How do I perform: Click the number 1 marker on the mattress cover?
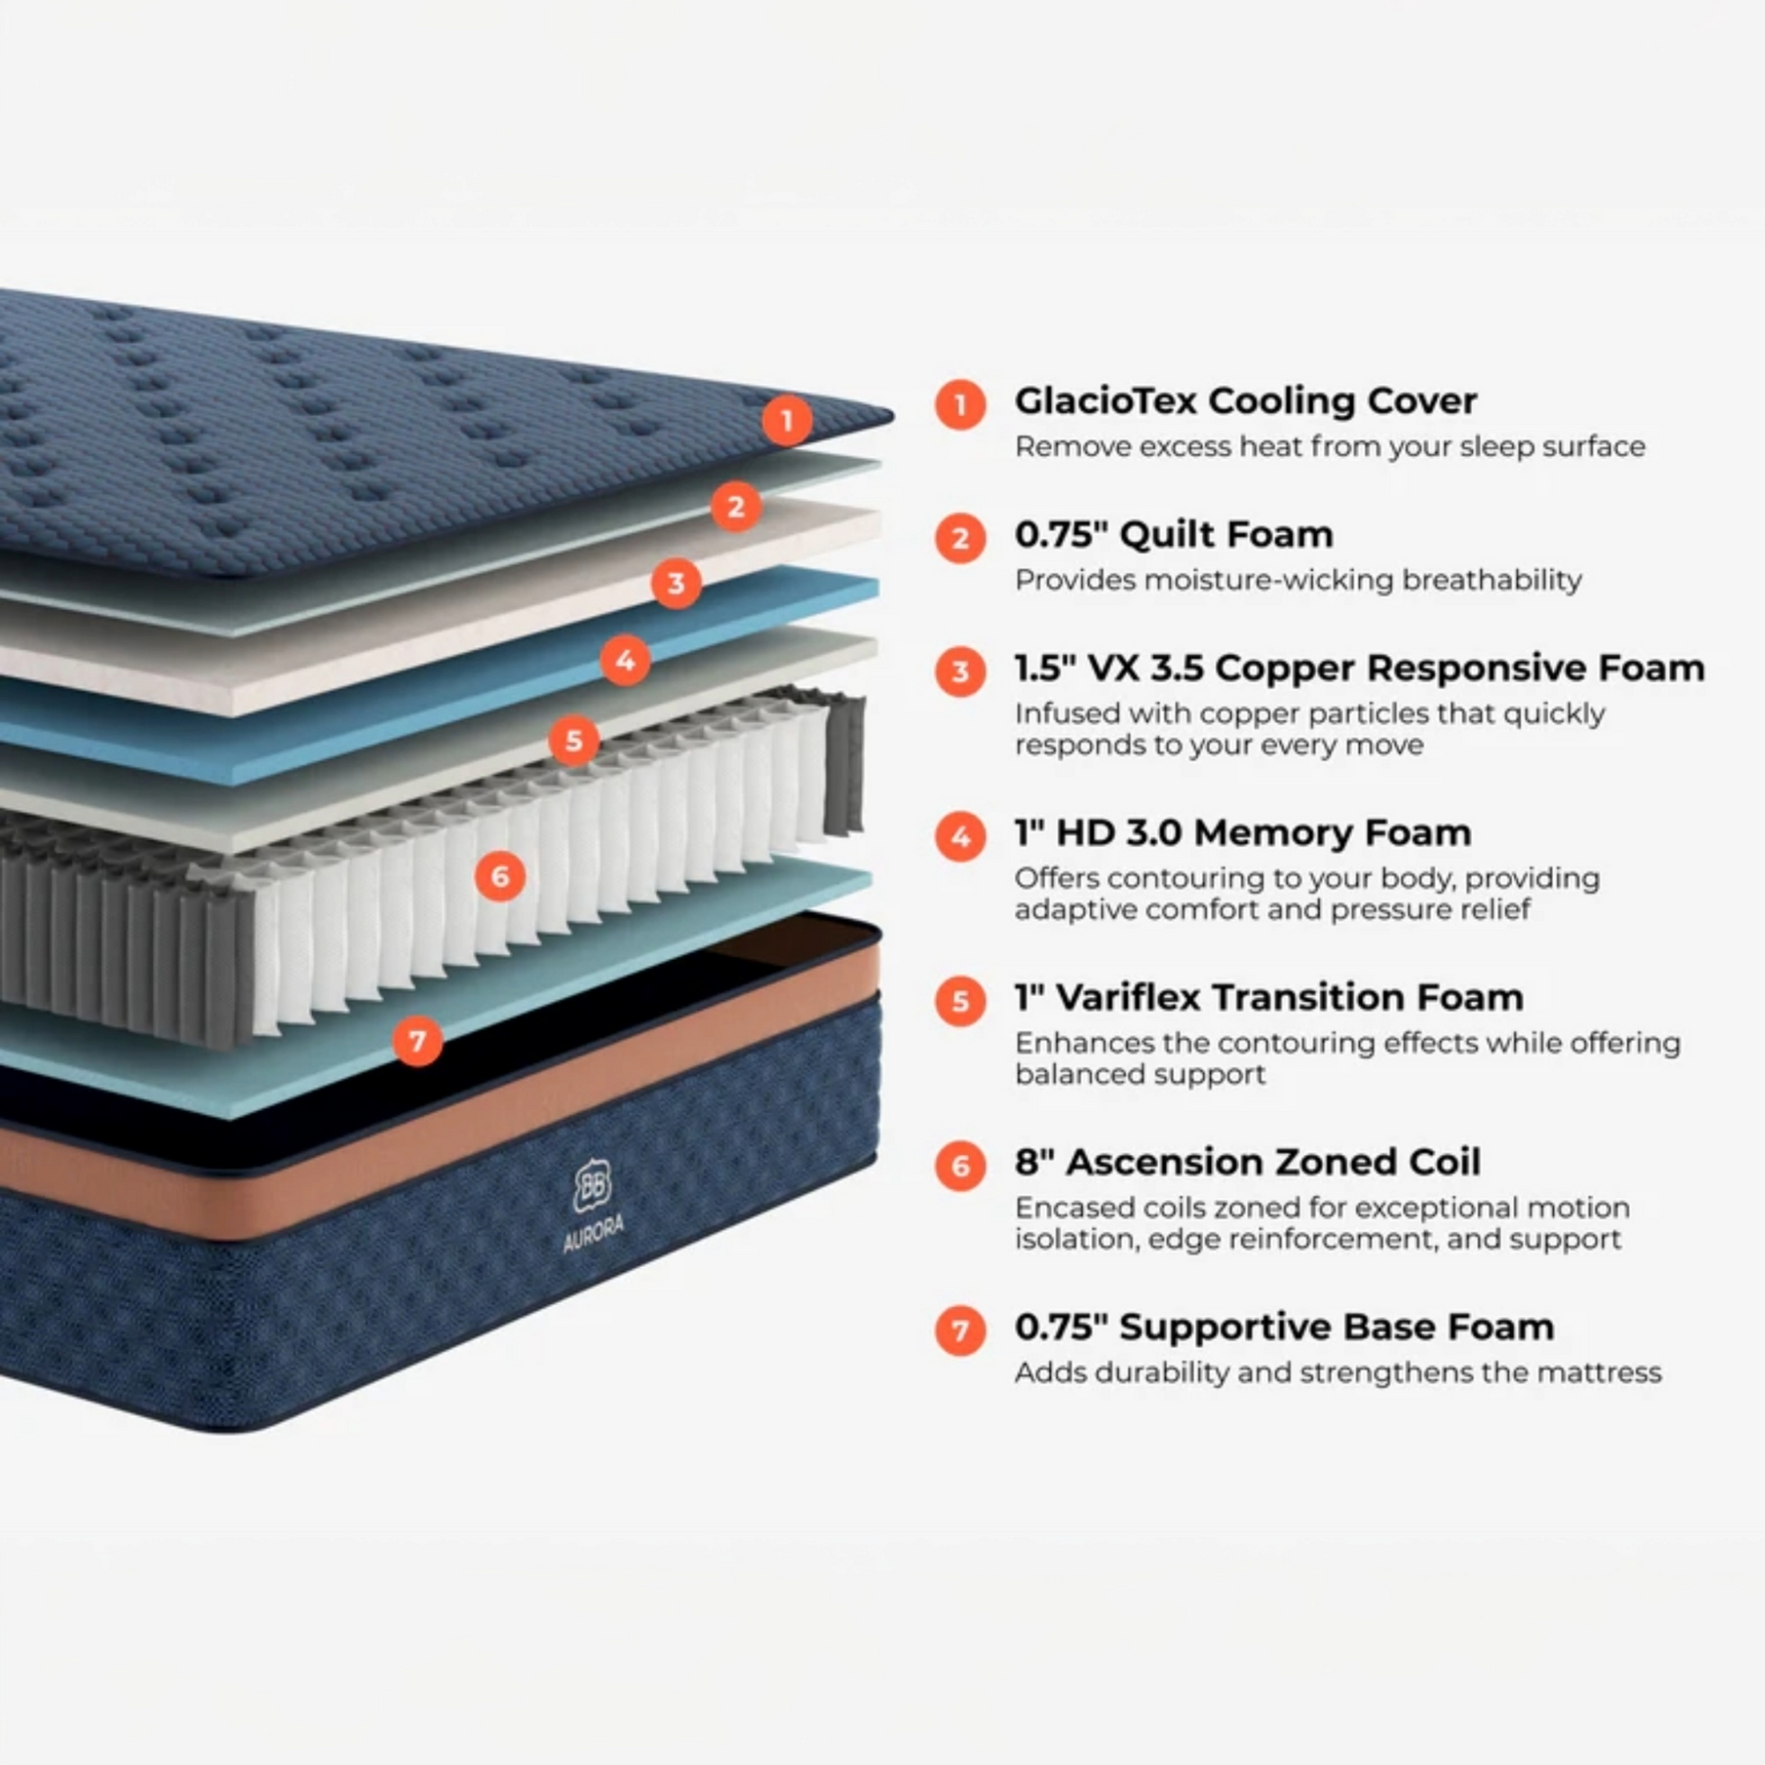coord(786,421)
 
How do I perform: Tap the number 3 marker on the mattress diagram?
coord(676,583)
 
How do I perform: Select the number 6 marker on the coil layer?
coord(500,876)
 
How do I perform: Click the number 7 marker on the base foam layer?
coord(418,1040)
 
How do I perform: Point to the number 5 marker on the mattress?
coord(574,740)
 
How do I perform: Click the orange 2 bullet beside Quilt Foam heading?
coord(960,537)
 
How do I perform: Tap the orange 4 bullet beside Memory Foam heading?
coord(960,836)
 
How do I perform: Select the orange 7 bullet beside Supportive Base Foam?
coord(960,1331)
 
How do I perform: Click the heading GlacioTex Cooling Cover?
coord(1245,401)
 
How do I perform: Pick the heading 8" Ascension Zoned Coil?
coord(1247,1162)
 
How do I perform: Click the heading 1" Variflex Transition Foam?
coord(1269,997)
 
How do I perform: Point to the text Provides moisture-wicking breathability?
coord(1298,580)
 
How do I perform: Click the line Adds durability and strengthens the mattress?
coord(1337,1373)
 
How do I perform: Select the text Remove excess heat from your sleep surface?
coord(1330,447)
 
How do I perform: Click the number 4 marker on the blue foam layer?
coord(626,660)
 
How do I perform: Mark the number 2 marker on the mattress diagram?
coord(735,506)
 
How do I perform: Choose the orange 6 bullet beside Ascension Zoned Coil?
coord(960,1166)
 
